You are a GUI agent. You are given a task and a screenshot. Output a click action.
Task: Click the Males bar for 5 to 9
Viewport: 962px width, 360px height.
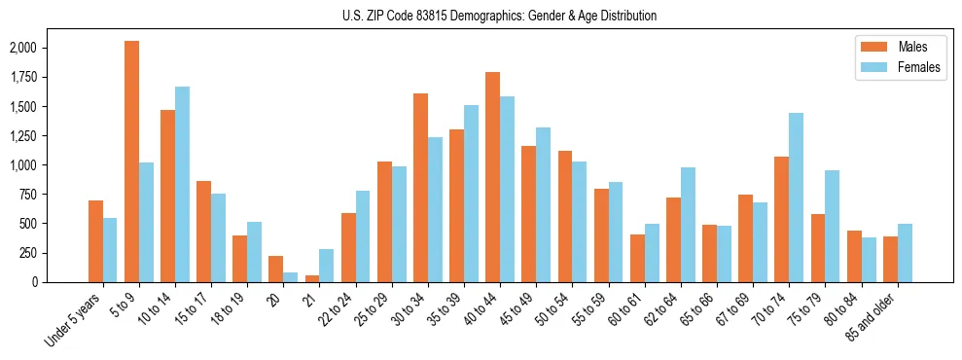(x=131, y=162)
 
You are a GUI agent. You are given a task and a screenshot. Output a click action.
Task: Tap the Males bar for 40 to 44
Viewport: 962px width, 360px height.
(x=492, y=177)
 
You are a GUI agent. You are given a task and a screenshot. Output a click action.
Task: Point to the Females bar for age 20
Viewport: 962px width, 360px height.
(x=290, y=277)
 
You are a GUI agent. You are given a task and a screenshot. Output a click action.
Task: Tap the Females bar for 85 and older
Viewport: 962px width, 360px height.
(x=904, y=253)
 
